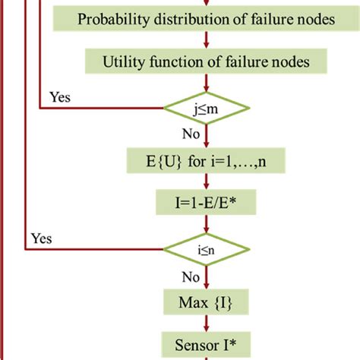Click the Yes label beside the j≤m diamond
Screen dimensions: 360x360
point(61,96)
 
